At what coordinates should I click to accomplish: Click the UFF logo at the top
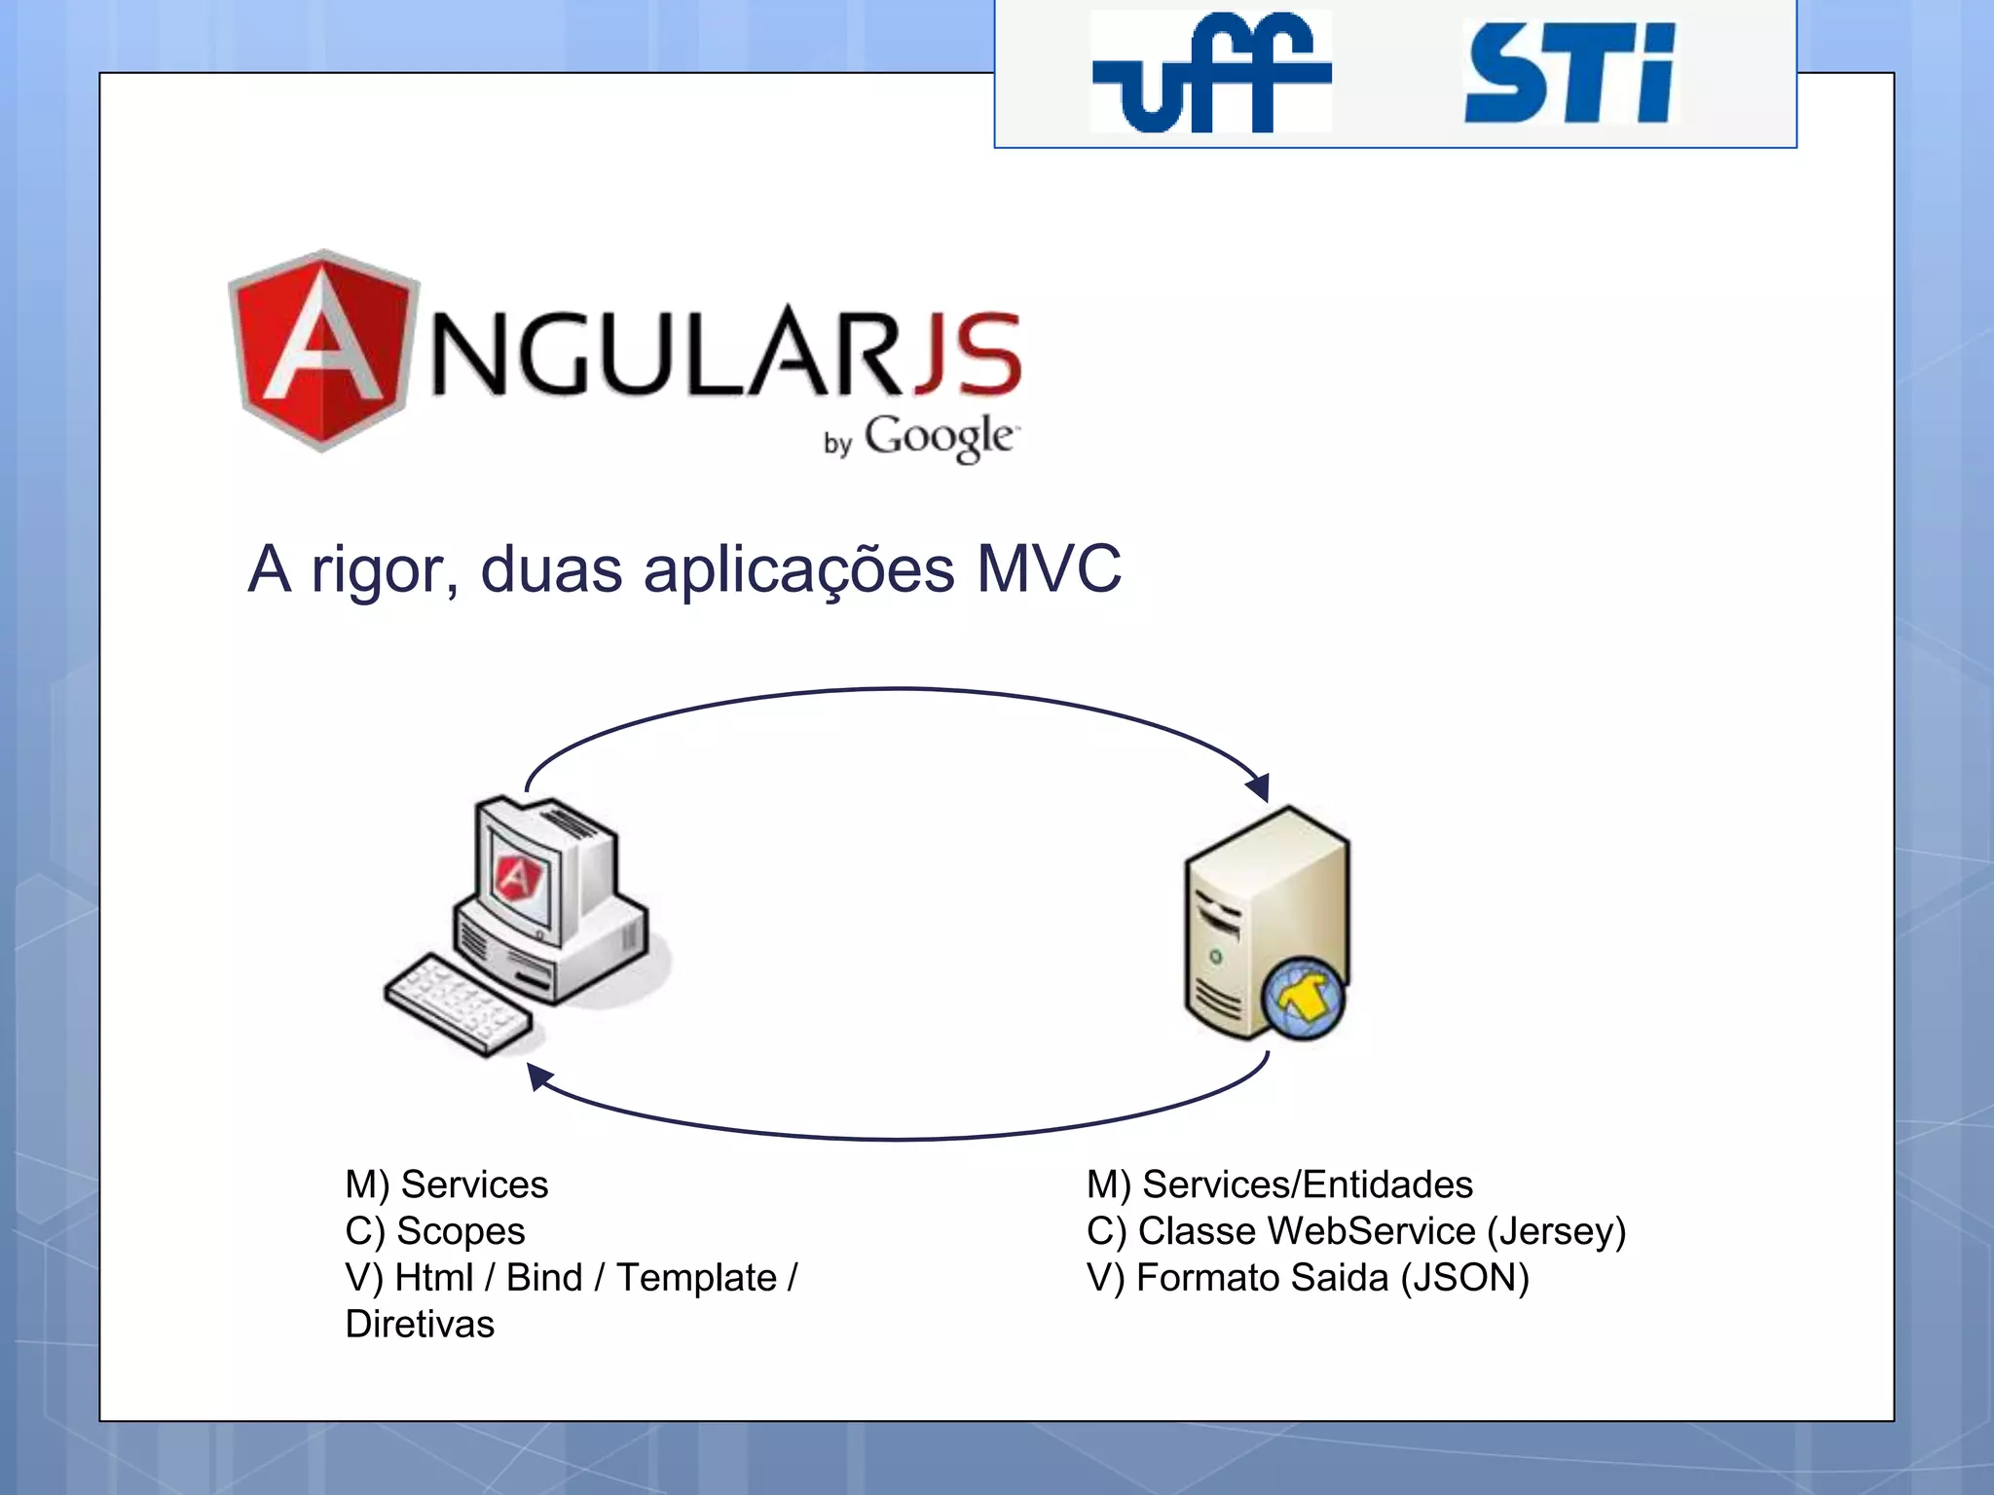click(x=1210, y=73)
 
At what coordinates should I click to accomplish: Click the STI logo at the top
click(x=1569, y=75)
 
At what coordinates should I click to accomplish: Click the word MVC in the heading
click(x=1049, y=568)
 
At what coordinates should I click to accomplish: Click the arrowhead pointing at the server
click(x=1259, y=786)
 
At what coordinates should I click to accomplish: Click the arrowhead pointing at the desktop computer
click(x=538, y=1076)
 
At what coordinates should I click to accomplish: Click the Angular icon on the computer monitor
click(x=517, y=878)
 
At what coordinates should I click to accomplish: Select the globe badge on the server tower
click(x=1303, y=999)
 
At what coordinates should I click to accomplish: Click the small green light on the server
click(x=1215, y=957)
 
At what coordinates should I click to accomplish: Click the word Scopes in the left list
click(x=461, y=1231)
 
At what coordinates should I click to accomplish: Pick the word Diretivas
click(x=420, y=1325)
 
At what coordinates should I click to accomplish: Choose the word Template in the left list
click(x=696, y=1278)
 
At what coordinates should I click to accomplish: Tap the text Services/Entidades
click(x=1307, y=1185)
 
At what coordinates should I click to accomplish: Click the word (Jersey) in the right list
click(x=1556, y=1231)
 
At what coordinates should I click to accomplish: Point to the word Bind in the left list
click(x=543, y=1278)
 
